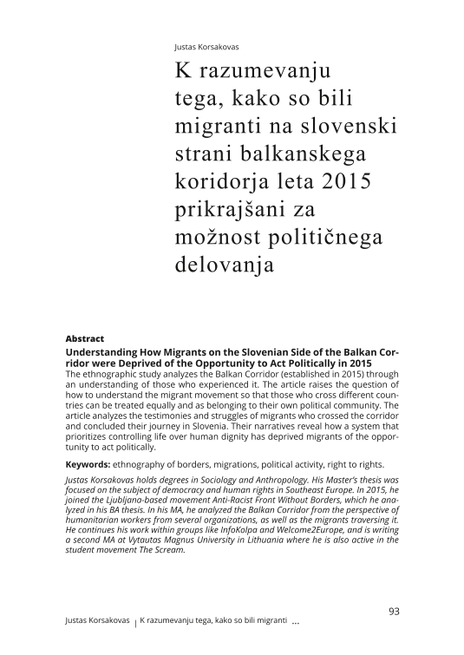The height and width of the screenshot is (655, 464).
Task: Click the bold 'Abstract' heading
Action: point(85,338)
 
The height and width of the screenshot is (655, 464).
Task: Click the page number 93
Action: point(392,611)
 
